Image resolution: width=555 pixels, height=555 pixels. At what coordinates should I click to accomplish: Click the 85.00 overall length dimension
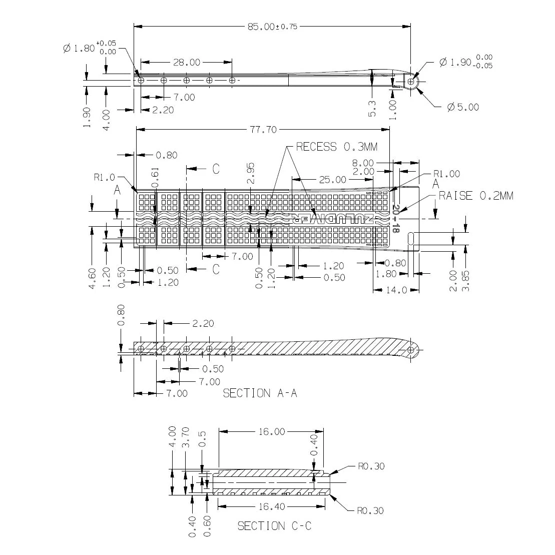point(272,26)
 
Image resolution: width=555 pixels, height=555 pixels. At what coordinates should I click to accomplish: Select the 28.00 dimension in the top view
point(186,63)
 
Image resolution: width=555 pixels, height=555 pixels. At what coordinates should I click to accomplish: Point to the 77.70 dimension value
point(263,130)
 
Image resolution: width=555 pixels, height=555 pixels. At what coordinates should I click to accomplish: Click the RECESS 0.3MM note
point(336,147)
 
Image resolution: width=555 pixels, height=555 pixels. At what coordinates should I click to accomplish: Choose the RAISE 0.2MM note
point(475,196)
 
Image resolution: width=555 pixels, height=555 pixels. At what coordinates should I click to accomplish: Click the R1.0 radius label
point(104,177)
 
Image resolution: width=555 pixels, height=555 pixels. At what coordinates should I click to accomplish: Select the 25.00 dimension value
point(333,179)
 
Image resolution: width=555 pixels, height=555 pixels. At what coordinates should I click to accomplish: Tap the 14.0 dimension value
point(396,290)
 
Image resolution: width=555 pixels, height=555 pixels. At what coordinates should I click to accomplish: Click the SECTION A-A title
point(260,393)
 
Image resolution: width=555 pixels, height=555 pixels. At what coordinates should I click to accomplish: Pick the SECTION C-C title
point(274,526)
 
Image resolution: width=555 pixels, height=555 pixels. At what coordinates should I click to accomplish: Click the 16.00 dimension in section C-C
point(272,431)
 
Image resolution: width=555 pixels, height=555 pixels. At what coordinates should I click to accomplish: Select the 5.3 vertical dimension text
point(371,108)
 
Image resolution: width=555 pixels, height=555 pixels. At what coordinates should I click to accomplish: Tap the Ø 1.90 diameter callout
point(465,62)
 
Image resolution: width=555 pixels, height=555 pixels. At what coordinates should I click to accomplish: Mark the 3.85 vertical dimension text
point(467,281)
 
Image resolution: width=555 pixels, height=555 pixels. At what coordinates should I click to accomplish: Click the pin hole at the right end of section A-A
point(411,349)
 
